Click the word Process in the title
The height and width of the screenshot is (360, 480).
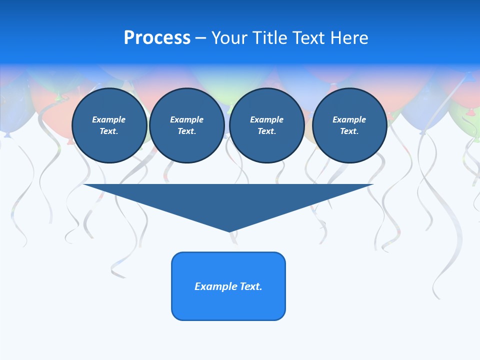point(157,38)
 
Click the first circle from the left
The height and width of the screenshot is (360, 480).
point(109,125)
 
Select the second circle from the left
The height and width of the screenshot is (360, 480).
point(187,125)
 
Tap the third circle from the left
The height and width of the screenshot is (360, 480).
point(266,125)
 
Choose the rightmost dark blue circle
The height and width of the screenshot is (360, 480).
point(349,125)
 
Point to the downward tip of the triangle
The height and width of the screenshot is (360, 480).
point(230,230)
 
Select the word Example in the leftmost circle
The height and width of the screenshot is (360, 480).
point(109,119)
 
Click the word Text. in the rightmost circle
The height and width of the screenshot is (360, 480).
point(349,131)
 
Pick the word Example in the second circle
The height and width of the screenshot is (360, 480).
point(187,119)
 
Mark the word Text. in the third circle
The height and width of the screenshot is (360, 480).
point(266,131)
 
